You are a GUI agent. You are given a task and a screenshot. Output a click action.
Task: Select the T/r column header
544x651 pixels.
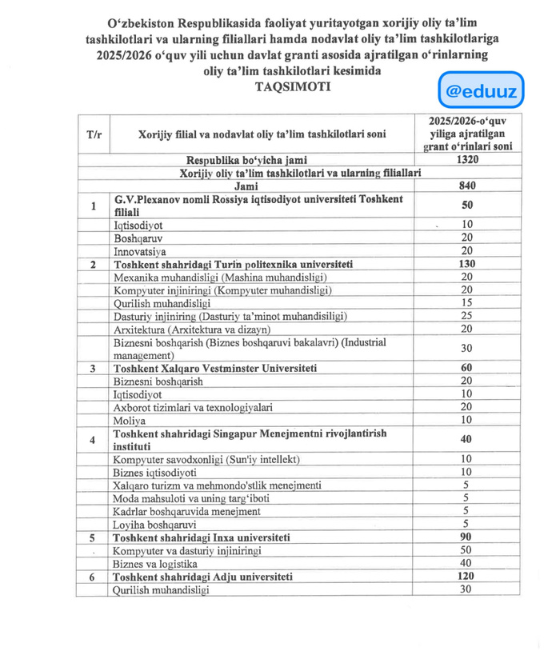point(94,134)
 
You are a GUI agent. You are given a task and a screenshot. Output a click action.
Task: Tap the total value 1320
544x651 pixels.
point(467,159)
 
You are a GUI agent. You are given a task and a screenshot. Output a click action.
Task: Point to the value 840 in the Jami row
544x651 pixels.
point(467,186)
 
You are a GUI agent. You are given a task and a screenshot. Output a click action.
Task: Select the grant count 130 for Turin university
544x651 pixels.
point(467,264)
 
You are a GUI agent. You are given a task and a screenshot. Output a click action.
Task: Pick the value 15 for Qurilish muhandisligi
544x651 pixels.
point(467,303)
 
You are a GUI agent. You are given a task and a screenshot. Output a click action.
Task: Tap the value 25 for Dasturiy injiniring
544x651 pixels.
point(467,316)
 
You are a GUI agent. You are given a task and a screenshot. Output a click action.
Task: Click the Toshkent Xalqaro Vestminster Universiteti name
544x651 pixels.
point(215,368)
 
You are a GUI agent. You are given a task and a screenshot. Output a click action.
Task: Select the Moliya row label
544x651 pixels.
point(130,420)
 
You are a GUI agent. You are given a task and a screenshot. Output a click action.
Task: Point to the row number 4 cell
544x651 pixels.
point(94,439)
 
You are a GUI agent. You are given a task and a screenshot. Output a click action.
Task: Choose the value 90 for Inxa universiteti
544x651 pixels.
point(467,537)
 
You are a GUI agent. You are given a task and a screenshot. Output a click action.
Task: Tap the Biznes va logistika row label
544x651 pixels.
point(155,563)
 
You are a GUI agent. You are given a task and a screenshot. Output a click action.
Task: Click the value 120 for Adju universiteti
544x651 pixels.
point(467,576)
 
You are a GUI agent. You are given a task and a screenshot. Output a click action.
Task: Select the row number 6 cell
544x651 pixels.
point(94,577)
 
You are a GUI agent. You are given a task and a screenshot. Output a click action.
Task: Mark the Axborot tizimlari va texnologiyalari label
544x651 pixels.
point(193,407)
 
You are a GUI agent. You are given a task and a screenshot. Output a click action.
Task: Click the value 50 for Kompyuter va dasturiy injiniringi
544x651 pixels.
point(467,550)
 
